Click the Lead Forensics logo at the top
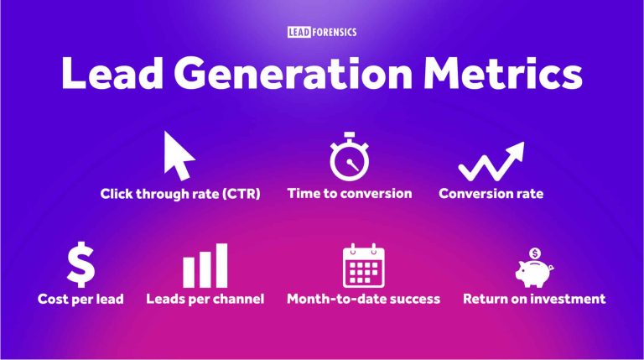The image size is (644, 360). pyautogui.click(x=321, y=32)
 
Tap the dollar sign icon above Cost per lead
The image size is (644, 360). pyautogui.click(x=80, y=263)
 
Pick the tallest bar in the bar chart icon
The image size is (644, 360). pyautogui.click(x=220, y=265)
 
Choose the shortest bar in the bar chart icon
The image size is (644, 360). pyautogui.click(x=189, y=273)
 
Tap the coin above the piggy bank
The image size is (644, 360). pyautogui.click(x=534, y=251)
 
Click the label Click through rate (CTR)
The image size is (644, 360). pyautogui.click(x=180, y=194)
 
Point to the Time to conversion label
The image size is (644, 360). pyautogui.click(x=350, y=193)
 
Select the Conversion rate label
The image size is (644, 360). pyautogui.click(x=491, y=194)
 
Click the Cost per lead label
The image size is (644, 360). pyautogui.click(x=82, y=299)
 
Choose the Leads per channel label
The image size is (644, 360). pyautogui.click(x=205, y=299)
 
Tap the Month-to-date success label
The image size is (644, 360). pyautogui.click(x=363, y=299)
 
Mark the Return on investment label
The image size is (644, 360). pyautogui.click(x=534, y=299)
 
